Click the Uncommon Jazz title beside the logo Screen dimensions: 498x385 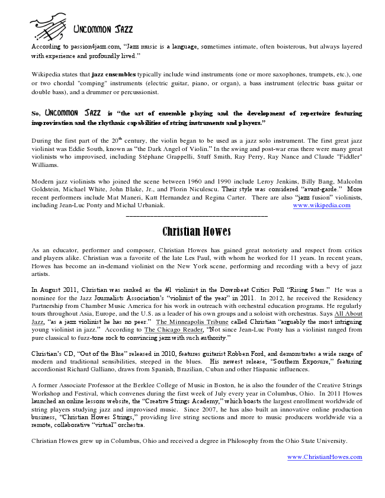click(103, 30)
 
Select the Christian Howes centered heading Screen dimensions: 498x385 click(197, 231)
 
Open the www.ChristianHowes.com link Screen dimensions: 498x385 click(325, 457)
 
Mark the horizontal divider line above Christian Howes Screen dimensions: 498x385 click(197, 216)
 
